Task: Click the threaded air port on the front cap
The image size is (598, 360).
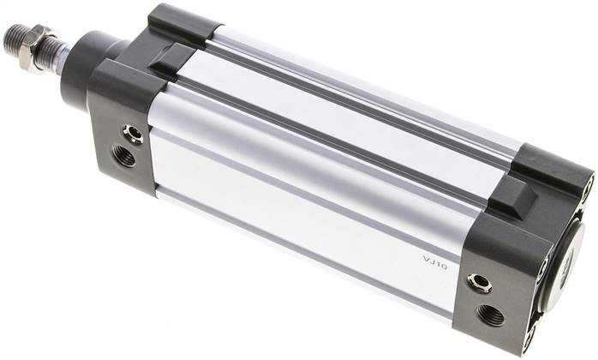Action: click(124, 155)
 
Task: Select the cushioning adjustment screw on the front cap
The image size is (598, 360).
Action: click(133, 134)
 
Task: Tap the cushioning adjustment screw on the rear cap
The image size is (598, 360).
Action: click(480, 284)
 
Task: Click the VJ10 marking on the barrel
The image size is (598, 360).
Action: click(435, 263)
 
